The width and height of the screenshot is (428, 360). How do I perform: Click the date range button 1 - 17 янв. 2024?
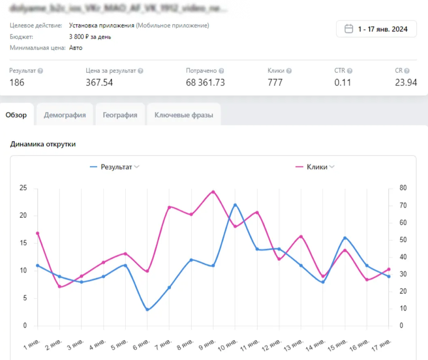coord(376,29)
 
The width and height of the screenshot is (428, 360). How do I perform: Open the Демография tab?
coord(65,115)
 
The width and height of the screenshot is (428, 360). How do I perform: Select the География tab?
coord(120,115)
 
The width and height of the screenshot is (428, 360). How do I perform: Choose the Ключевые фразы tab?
coord(183,115)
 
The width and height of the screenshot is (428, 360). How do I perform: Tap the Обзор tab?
coord(16,115)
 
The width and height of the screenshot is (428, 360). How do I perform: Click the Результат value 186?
coord(17,83)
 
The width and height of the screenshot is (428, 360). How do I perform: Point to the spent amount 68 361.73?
coord(205,83)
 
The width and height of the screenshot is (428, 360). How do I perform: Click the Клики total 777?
coord(275,83)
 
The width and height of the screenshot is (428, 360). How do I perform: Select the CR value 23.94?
coord(406,83)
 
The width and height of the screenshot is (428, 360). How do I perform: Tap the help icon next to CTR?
coord(349,71)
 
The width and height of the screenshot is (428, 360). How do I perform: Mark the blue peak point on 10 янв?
coord(235,204)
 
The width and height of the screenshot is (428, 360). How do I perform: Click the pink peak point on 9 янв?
coord(213,191)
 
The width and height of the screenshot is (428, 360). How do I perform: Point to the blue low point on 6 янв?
coord(147,310)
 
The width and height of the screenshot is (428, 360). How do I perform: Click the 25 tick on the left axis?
coord(23,188)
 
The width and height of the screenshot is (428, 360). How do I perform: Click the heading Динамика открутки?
coord(43,144)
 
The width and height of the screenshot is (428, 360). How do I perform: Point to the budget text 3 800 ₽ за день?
coord(90,37)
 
